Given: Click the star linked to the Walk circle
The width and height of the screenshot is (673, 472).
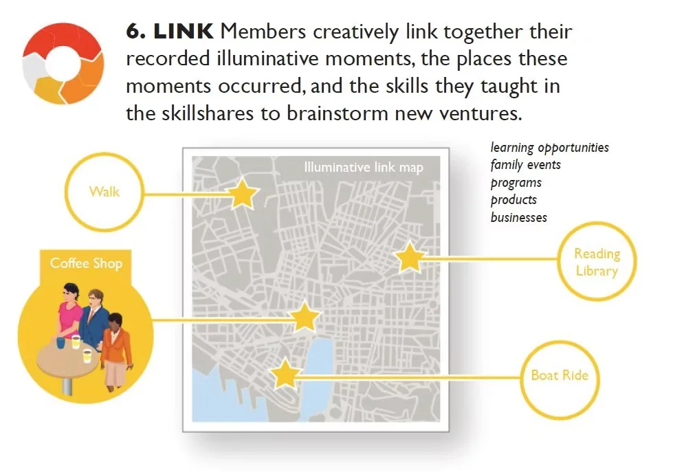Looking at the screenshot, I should coord(242,194).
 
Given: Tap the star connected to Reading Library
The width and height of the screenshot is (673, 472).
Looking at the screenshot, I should coord(410,258).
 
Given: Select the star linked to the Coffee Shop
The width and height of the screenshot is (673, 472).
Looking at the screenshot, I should coord(304,318).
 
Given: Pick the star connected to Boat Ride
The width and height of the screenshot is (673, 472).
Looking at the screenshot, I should coord(285,374).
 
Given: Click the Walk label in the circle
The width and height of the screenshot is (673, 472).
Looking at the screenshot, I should coord(104,190).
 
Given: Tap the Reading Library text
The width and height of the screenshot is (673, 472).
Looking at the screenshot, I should coord(597,262).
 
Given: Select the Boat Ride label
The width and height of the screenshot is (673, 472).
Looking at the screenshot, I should coord(560,376).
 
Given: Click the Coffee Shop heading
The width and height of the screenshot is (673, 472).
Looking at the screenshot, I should coord(86,263).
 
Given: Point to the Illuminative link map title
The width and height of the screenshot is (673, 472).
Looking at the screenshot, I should coord(364,167).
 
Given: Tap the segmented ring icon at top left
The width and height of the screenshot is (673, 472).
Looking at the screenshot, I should coord(63,63).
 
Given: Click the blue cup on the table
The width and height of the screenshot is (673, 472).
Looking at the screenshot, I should coord(60,341).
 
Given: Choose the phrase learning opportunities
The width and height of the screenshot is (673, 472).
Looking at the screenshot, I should coord(549,148).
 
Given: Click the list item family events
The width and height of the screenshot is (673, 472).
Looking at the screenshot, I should coord(525,165).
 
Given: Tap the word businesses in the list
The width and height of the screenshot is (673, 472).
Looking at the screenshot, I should coord(518,217).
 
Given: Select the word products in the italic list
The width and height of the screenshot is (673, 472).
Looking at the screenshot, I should coord(514,200).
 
